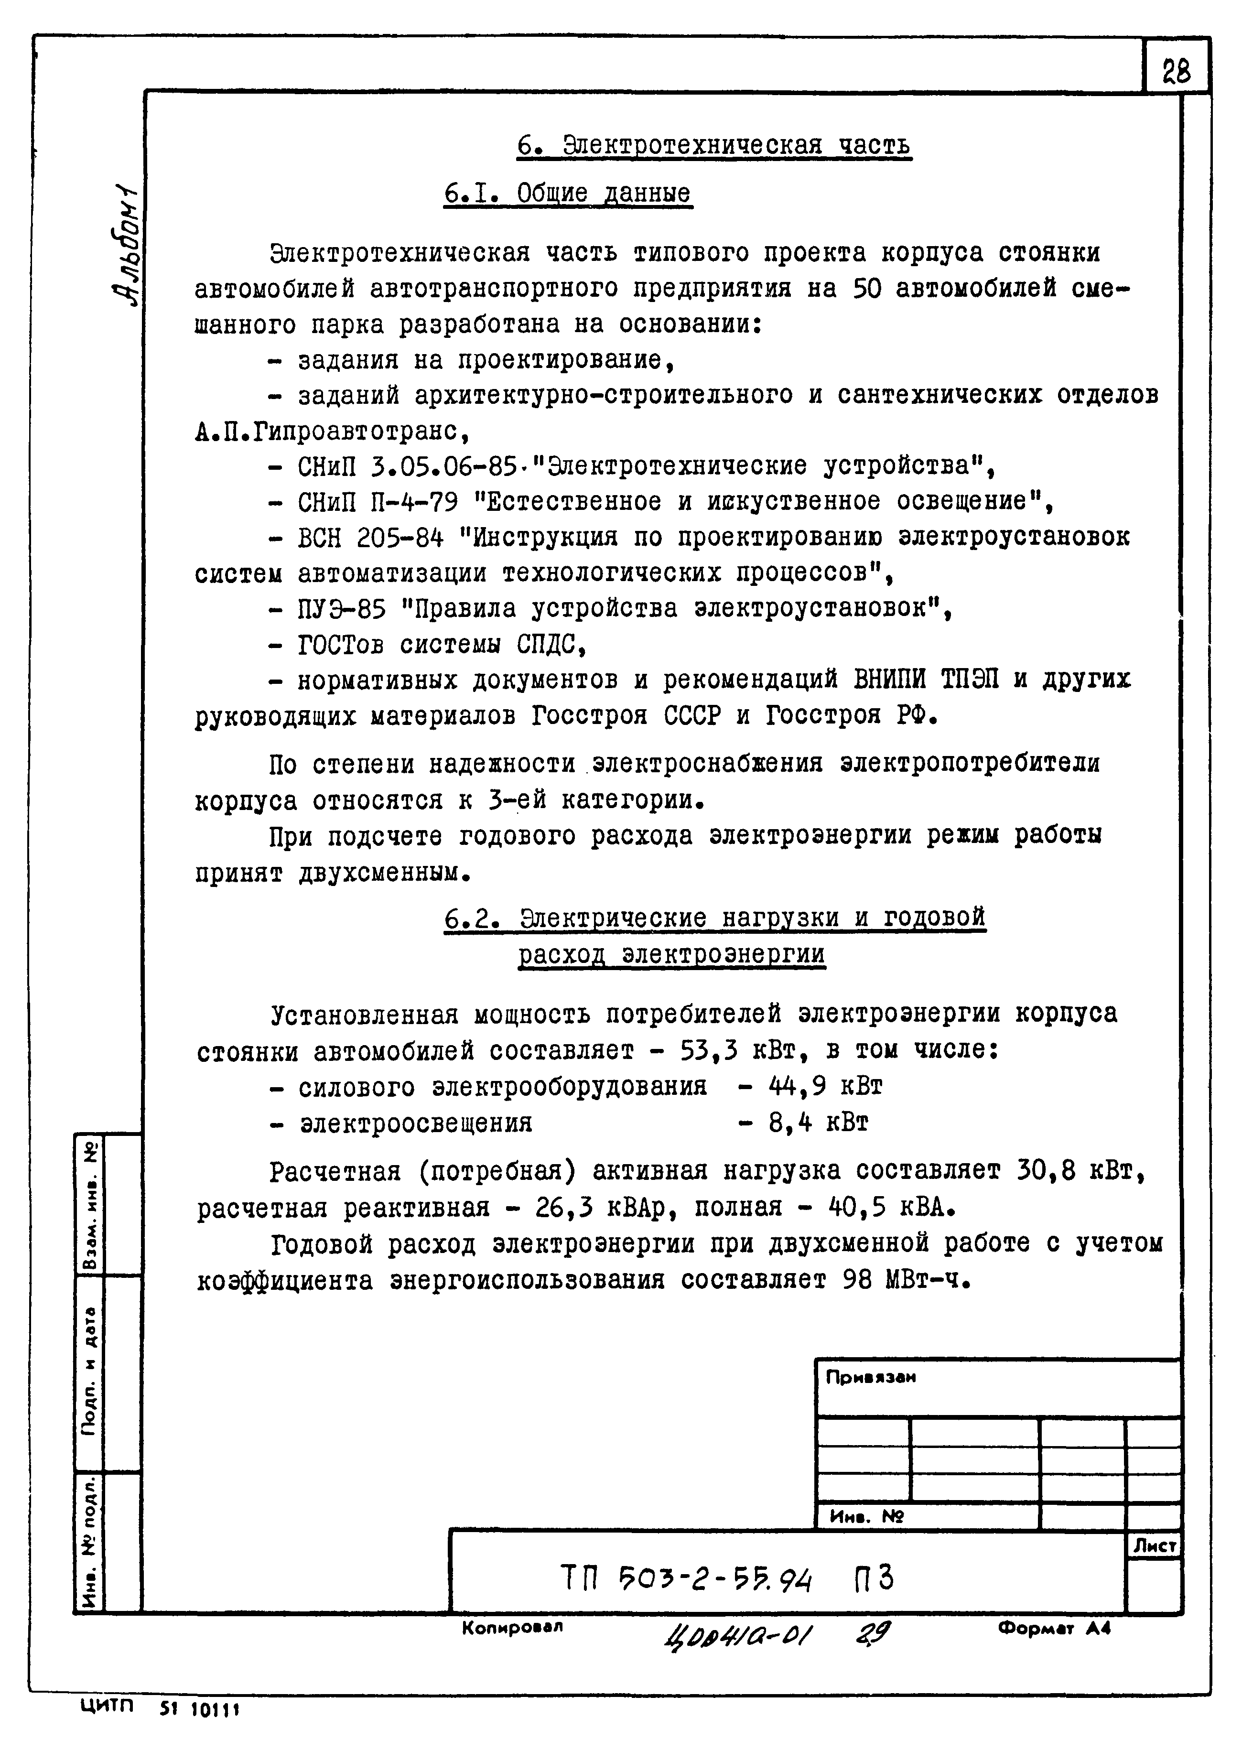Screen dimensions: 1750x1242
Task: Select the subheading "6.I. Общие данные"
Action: point(567,193)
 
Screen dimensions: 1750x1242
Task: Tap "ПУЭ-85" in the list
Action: point(341,609)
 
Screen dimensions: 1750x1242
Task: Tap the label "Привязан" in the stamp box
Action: point(870,1378)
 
